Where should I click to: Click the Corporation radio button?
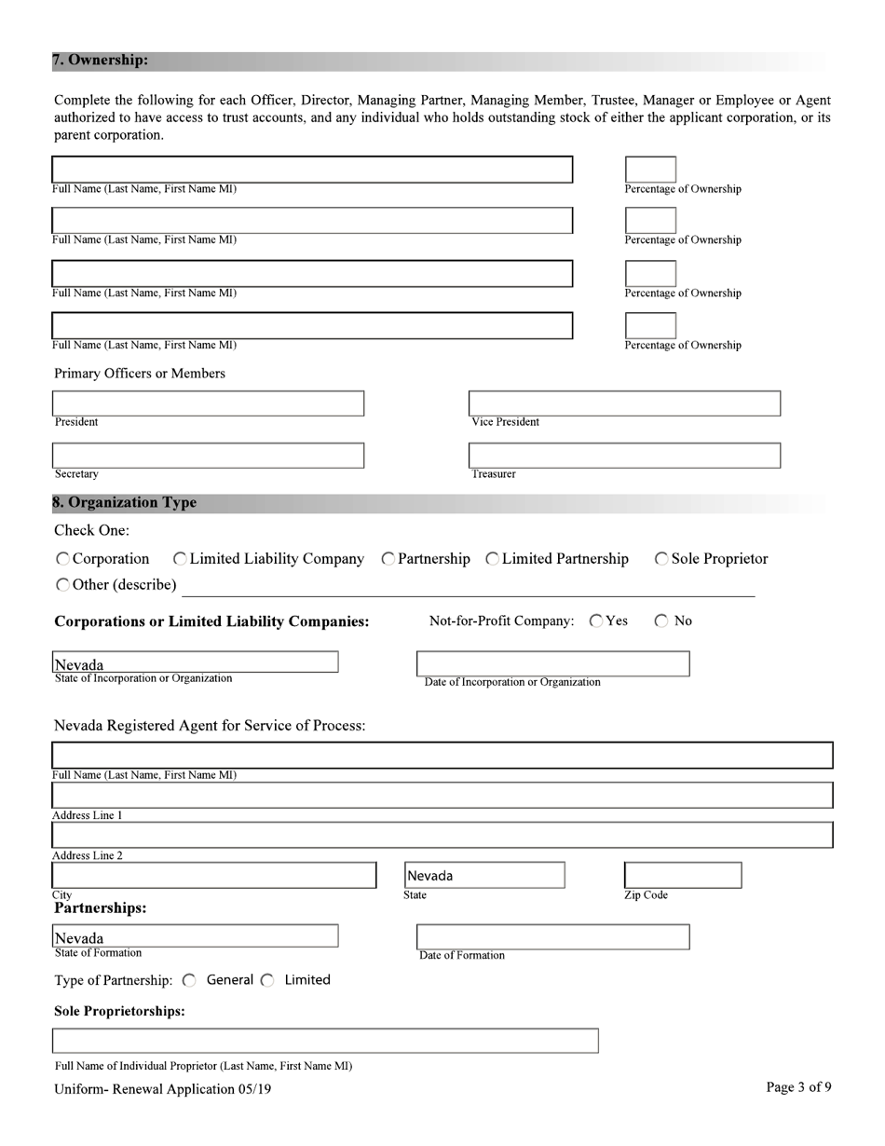coord(62,559)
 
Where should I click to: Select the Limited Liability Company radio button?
coord(180,559)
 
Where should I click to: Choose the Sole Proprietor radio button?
coord(661,559)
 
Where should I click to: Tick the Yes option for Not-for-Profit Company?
coord(596,621)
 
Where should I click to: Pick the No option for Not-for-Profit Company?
coord(661,621)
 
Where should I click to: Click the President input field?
coord(208,403)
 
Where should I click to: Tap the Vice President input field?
coord(624,403)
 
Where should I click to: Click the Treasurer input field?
coord(624,456)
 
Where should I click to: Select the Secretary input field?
coord(208,456)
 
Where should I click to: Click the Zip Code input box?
coord(683,876)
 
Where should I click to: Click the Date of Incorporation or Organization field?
coord(552,663)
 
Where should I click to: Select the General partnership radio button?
coord(190,980)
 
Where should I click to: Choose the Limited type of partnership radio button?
coord(268,980)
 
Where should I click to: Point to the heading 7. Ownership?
coord(100,61)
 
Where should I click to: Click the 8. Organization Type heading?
coord(125,503)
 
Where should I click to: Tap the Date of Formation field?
coord(552,936)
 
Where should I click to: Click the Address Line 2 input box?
coord(442,835)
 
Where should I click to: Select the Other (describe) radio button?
coord(62,585)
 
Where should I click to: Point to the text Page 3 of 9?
coord(798,1087)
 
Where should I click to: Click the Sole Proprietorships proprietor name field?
coord(325,1041)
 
